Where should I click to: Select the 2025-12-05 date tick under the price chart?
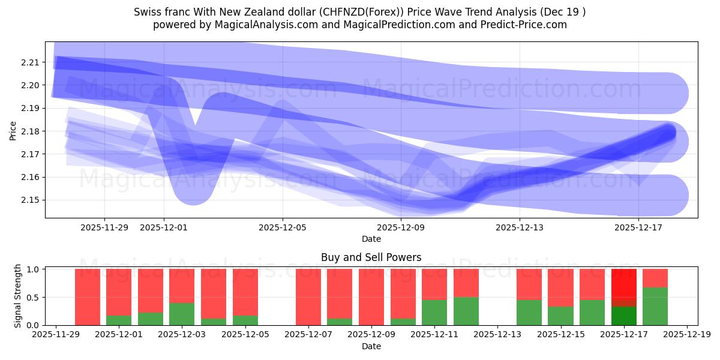(283, 227)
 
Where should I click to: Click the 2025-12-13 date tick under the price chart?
(520, 227)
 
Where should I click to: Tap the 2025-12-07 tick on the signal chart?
(308, 335)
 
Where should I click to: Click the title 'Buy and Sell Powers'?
(371, 257)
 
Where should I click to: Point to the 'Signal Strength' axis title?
(18, 296)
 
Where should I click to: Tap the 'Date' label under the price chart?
(371, 239)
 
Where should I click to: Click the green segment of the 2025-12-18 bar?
(655, 307)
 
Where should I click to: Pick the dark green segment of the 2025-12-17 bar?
(623, 316)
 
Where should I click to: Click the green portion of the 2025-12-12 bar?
(466, 311)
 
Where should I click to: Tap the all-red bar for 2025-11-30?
(87, 297)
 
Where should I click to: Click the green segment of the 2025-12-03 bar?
(182, 314)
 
